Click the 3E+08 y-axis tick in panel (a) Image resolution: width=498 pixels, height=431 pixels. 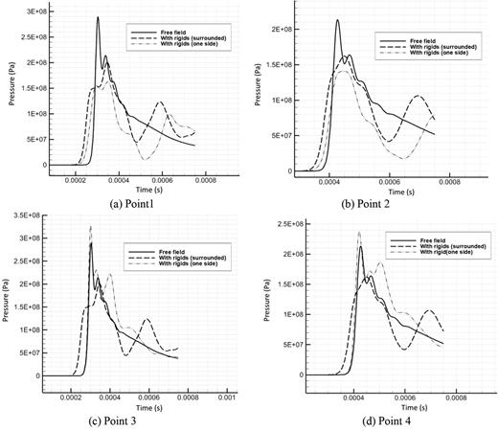[34, 11]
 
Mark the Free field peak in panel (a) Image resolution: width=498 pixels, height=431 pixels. [98, 17]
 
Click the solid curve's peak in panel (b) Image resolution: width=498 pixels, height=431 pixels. [337, 20]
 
